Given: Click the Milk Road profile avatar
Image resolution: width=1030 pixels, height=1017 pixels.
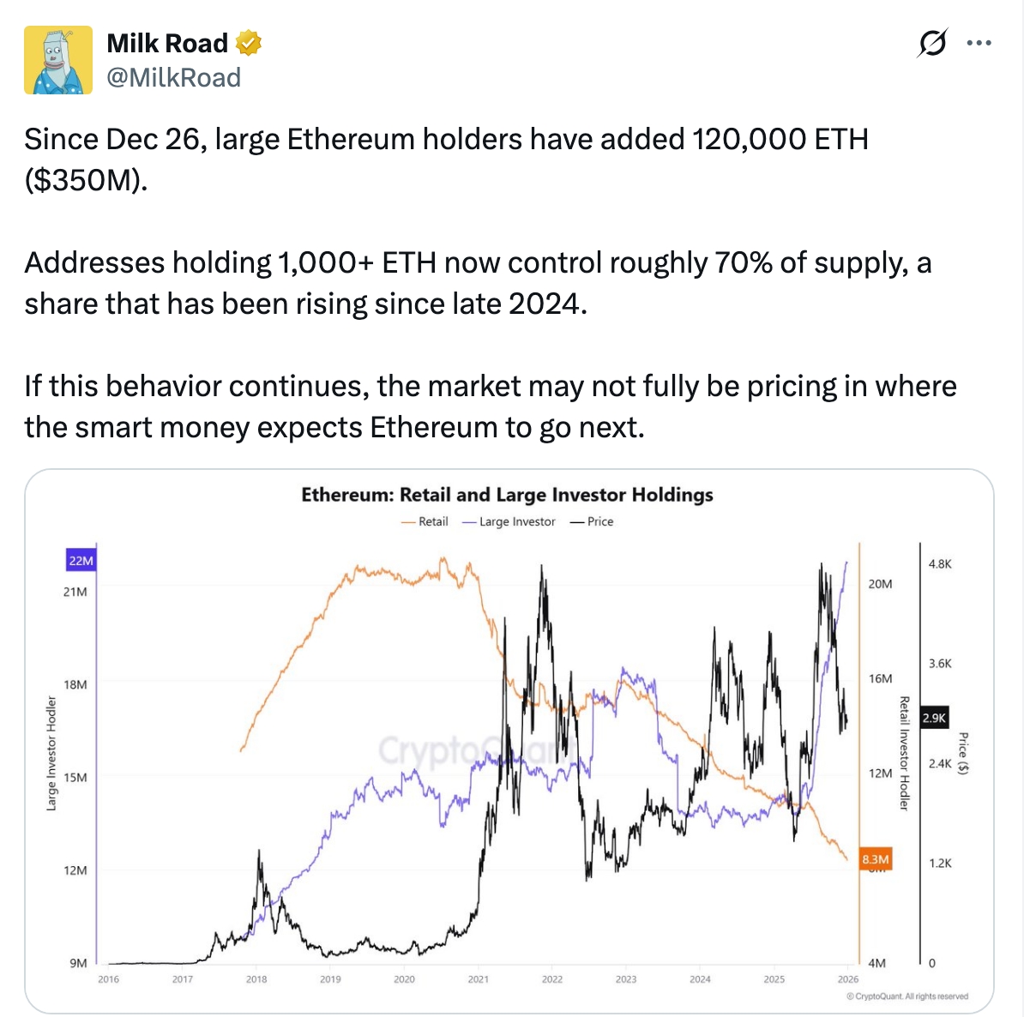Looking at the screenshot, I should pos(57,59).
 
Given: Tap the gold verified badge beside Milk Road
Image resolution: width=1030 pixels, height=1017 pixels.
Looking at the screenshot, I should pos(249,42).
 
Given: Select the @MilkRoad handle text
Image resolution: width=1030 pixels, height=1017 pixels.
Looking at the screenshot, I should pos(173,78).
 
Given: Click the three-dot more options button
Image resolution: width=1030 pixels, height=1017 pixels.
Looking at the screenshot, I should pos(979,43).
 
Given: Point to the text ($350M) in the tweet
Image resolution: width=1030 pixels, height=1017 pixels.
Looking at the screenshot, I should pos(85,180).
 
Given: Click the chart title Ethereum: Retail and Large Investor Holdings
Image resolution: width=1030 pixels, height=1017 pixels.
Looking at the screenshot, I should pos(507,495).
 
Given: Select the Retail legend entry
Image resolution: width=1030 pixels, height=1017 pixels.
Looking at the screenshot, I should pos(425,521).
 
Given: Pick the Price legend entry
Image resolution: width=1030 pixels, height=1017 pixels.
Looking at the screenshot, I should pos(593,521).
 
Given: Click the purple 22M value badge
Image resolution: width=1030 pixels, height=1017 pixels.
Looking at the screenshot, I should pos(81,561).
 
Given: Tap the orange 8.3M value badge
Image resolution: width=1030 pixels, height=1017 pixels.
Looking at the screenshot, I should pos(876,858).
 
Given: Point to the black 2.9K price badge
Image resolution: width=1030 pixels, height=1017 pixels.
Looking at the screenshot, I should pos(934,718).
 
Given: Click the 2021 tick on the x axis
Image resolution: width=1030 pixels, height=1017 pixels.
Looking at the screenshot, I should pos(479,978).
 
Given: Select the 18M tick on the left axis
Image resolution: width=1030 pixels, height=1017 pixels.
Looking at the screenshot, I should pos(75,684).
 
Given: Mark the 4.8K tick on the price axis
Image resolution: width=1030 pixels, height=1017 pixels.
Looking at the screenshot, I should pos(940,563).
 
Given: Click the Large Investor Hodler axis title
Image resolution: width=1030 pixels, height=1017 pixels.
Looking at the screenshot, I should pos(51,754).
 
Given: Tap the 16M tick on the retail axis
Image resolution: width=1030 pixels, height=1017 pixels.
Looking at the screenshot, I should pos(880,678).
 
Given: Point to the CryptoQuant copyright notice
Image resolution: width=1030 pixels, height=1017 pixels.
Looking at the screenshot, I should pos(907,996).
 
